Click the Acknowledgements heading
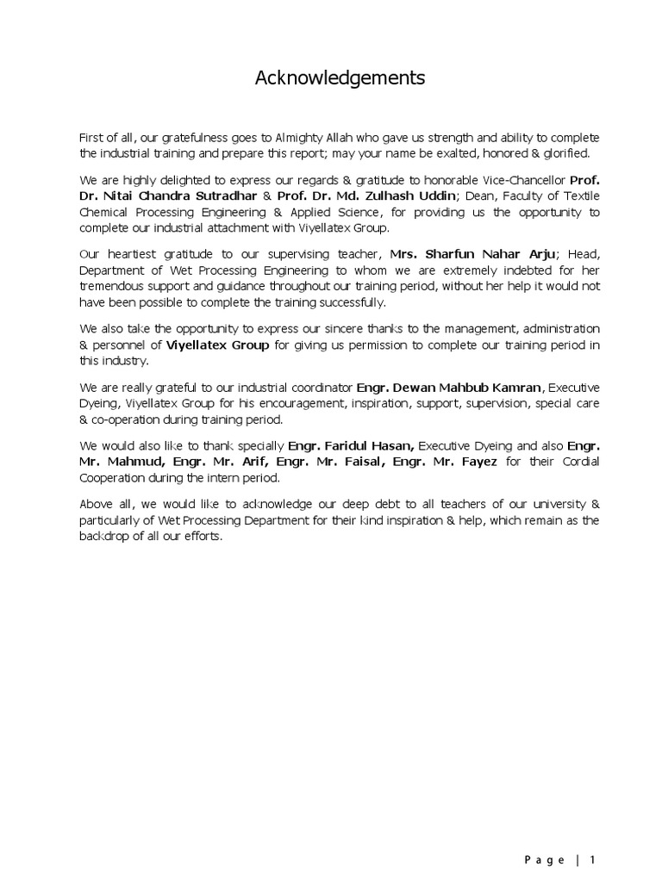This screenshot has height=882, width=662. pyautogui.click(x=340, y=79)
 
